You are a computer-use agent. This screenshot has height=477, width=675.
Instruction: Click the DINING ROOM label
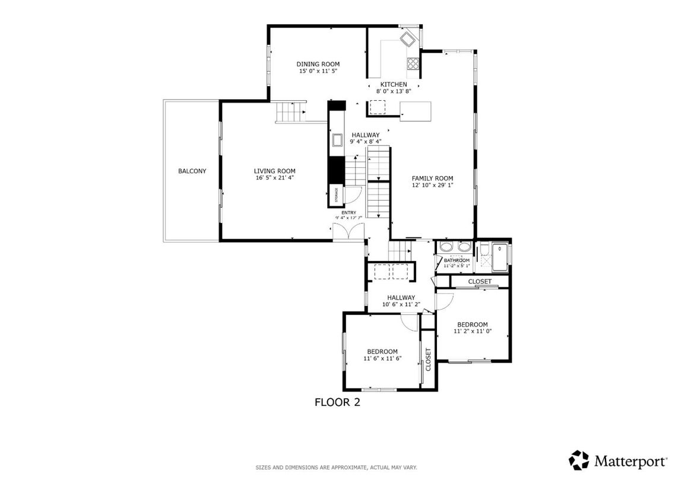(x=318, y=64)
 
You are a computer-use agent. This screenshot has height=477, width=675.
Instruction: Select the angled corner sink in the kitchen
(x=408, y=40)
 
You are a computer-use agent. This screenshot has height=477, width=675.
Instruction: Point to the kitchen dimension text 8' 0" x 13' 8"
(x=394, y=91)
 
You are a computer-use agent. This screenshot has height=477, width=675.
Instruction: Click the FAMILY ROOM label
(x=432, y=178)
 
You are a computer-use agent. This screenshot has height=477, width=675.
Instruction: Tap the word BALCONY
(x=192, y=171)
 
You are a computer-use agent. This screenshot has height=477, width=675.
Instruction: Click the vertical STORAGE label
(x=336, y=195)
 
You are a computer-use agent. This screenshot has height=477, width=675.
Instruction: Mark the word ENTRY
(x=348, y=212)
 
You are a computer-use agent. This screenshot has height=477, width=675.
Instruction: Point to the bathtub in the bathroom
(x=500, y=256)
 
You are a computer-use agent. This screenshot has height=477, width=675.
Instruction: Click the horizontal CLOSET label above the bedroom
(x=480, y=281)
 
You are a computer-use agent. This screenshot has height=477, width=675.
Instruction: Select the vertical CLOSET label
(x=428, y=359)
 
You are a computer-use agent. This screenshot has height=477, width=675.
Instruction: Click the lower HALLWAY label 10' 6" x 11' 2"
(x=401, y=304)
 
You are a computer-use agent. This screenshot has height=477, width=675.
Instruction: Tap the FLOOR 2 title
(x=337, y=402)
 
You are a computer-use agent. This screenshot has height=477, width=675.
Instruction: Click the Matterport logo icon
(x=579, y=460)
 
